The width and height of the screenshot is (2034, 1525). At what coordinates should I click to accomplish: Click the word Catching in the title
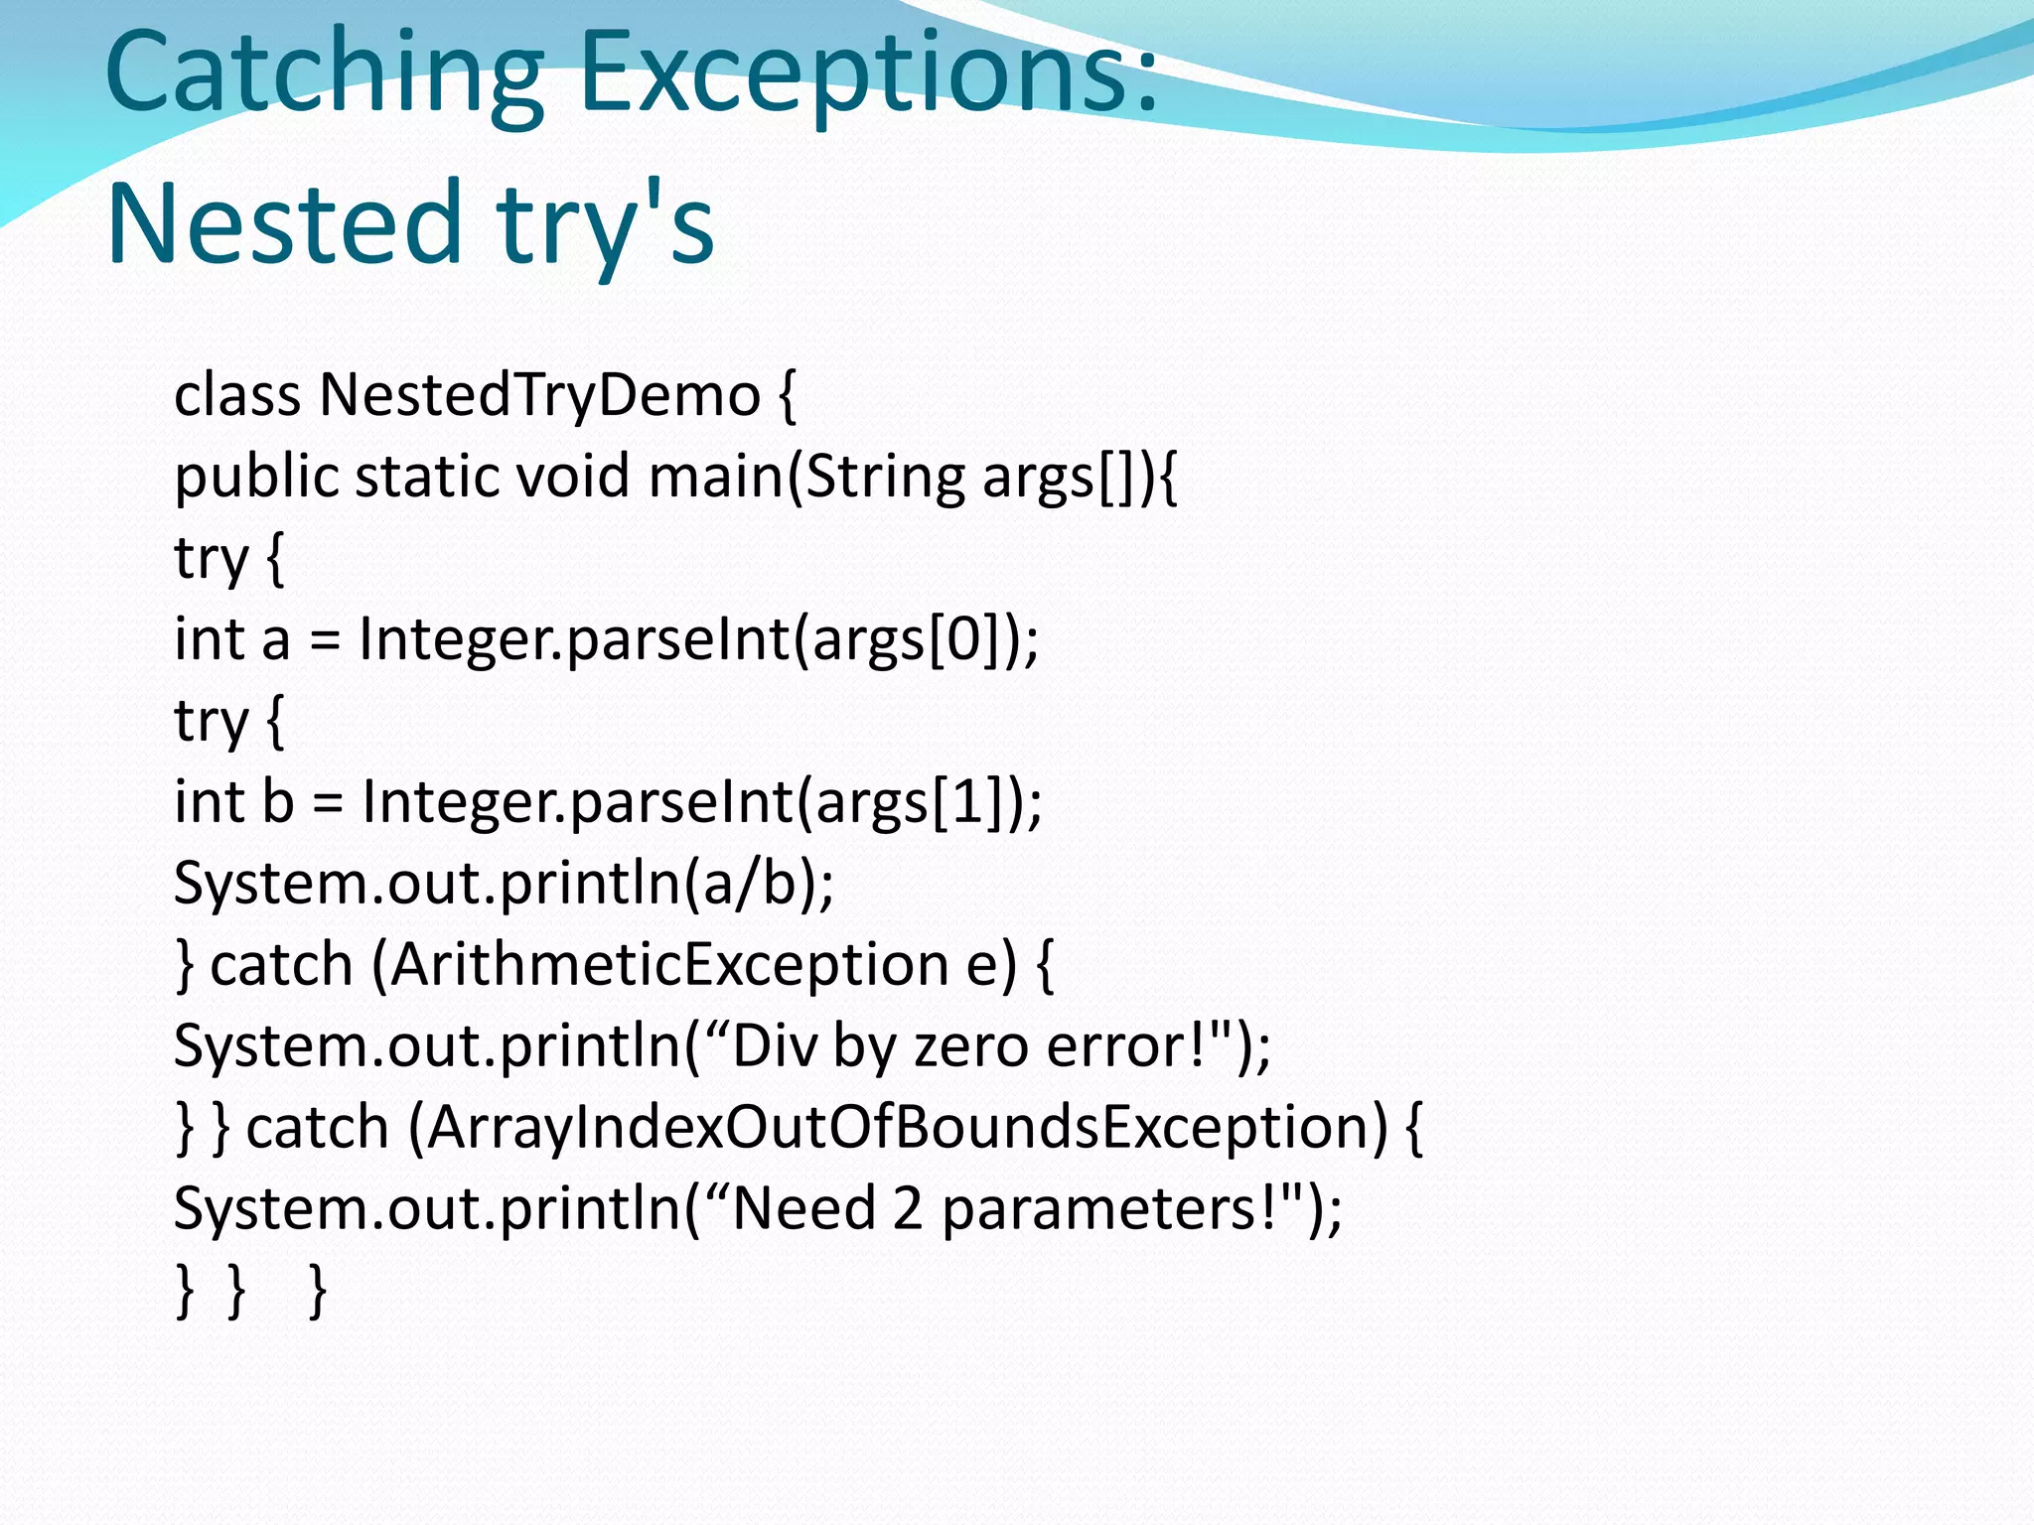324,74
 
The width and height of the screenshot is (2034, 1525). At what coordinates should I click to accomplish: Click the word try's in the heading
606,226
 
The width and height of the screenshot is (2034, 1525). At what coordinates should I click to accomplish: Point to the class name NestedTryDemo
539,395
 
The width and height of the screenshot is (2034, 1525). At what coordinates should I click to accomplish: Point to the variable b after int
278,801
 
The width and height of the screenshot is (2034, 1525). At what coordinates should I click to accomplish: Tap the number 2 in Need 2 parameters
908,1209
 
